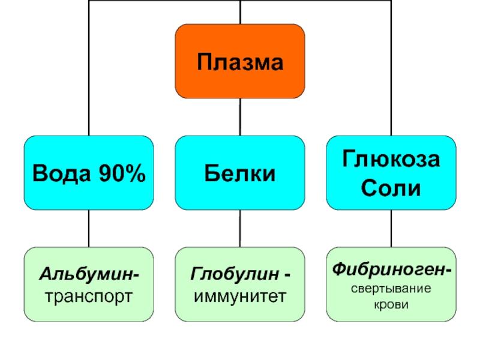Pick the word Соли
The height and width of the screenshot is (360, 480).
pyautogui.click(x=391, y=189)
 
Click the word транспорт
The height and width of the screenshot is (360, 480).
pyautogui.click(x=89, y=295)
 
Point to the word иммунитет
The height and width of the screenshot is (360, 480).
pyautogui.click(x=239, y=295)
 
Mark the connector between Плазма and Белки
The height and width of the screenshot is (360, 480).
pyautogui.click(x=239, y=116)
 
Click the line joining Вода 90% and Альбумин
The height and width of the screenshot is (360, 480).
pyautogui.click(x=89, y=228)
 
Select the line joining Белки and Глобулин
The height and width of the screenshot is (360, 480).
pyautogui.click(x=239, y=228)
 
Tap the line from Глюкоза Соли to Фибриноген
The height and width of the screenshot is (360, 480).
pyautogui.click(x=391, y=228)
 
